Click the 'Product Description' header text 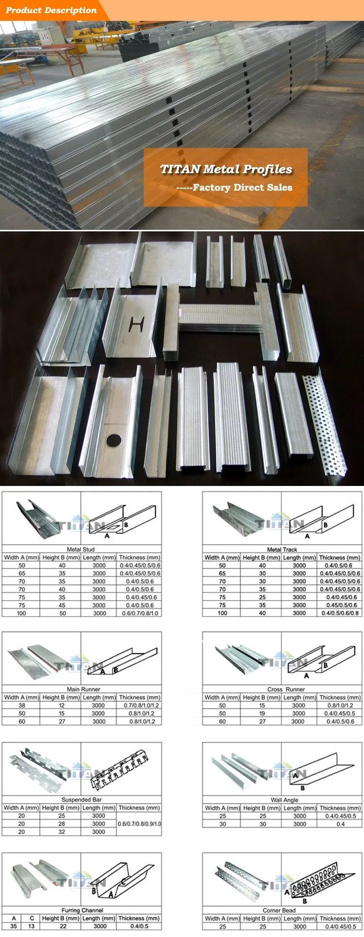[x=51, y=10]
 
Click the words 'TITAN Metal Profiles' [x=226, y=169]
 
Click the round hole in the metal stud [x=115, y=440]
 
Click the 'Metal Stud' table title [x=81, y=549]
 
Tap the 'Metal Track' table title [x=282, y=549]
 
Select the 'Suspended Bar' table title [x=82, y=800]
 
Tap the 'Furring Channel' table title [x=82, y=910]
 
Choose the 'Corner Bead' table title [x=279, y=910]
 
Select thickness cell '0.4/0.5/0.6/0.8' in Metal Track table [x=340, y=613]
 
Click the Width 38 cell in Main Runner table [x=22, y=705]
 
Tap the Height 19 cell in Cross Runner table [x=262, y=713]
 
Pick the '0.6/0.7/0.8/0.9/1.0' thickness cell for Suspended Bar [x=139, y=824]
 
